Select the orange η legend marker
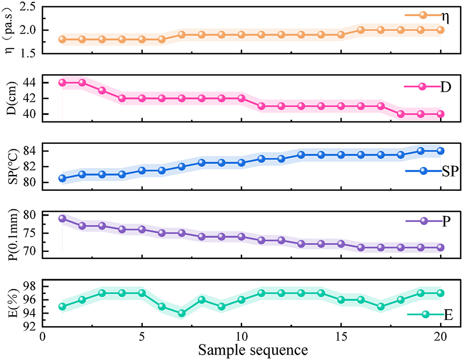tap(422, 14)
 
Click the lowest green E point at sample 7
tap(182, 313)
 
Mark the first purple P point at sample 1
tap(62, 218)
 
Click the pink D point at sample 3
tap(102, 90)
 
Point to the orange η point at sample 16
tap(361, 30)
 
